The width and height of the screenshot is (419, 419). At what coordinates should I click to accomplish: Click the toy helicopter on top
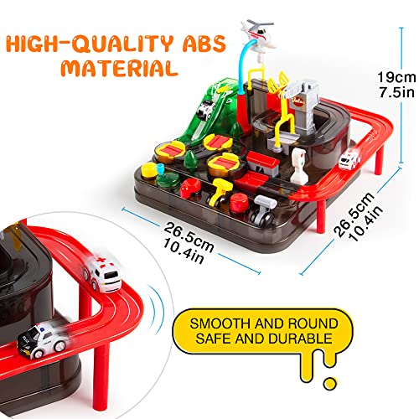(x=258, y=35)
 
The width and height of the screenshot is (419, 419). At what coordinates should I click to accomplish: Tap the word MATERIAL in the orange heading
(x=120, y=68)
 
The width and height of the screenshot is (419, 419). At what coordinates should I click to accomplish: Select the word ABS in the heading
(x=204, y=44)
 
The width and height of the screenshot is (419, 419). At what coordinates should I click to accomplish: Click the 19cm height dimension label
(x=396, y=77)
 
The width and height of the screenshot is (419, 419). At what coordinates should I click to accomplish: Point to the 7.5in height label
(x=396, y=92)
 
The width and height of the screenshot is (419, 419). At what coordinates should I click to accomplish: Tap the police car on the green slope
(x=205, y=110)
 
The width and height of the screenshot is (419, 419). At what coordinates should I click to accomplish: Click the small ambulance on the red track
(x=349, y=161)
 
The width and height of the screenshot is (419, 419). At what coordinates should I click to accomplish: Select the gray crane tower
(x=302, y=107)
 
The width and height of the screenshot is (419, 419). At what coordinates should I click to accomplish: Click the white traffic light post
(x=299, y=165)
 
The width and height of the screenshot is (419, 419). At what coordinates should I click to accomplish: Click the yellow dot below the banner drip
(x=330, y=384)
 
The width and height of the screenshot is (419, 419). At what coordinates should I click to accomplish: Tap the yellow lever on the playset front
(x=220, y=193)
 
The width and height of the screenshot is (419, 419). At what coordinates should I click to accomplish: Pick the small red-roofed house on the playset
(x=262, y=163)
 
